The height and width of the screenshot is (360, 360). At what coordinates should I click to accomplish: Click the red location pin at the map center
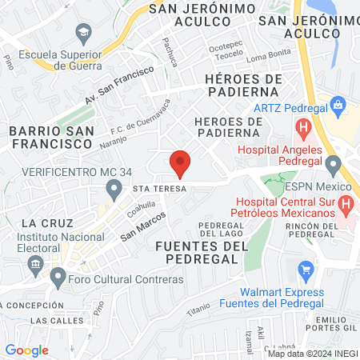click(x=181, y=162)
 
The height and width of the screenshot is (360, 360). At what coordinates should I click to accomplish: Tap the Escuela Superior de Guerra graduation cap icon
click(x=83, y=33)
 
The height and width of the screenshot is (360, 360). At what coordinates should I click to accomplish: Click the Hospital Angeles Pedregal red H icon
click(x=303, y=127)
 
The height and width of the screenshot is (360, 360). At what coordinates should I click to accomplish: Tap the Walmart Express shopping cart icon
click(x=305, y=272)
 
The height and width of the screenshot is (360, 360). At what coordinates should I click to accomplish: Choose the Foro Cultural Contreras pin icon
click(x=57, y=278)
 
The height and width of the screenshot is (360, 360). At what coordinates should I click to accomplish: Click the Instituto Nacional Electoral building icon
click(x=34, y=264)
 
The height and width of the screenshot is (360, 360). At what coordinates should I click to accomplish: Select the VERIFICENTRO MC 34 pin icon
click(x=114, y=190)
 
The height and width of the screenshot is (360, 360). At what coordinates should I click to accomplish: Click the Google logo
click(x=26, y=350)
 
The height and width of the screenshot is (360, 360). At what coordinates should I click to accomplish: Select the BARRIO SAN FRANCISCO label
click(x=50, y=137)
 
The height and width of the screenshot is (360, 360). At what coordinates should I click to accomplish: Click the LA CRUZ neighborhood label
click(x=48, y=222)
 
